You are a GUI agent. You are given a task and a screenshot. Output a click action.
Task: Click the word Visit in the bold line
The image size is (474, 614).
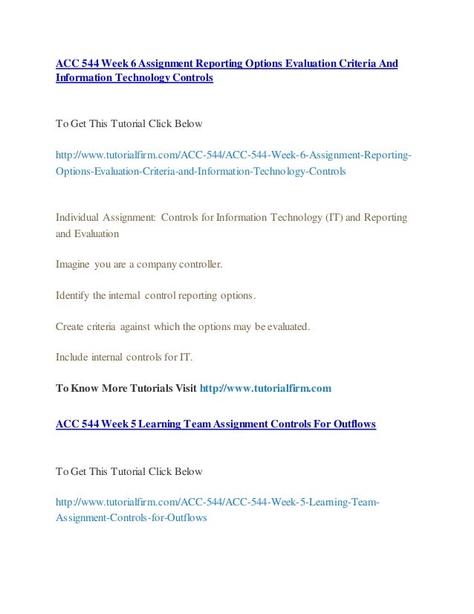(181, 388)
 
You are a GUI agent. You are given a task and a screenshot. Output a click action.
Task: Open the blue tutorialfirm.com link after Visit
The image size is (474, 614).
(264, 388)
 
